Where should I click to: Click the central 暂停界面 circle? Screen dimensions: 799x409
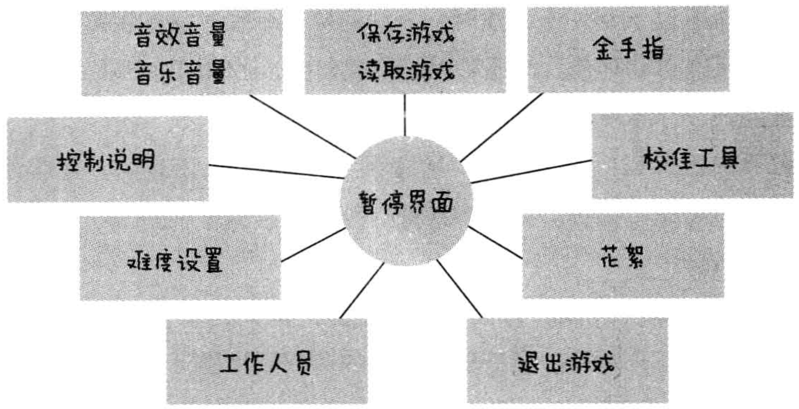405,203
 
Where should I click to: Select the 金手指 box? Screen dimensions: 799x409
628,49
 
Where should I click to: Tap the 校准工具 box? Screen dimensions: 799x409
692,156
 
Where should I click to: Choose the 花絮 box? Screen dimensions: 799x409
623,256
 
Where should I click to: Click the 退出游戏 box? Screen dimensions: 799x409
567,361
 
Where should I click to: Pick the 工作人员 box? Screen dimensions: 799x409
266,362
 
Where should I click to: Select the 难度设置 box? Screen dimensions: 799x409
180,258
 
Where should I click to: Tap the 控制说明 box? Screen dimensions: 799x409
107,159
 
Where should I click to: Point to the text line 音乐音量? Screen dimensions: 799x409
180,72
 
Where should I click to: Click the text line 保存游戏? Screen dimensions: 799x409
405,32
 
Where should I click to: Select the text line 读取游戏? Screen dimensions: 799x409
405,70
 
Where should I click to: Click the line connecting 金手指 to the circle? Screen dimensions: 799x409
501,127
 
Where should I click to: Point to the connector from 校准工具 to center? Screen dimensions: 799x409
531,171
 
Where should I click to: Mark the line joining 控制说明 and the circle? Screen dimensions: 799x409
276,171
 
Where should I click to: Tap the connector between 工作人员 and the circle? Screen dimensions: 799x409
361,291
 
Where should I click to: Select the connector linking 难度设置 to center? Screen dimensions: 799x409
313,245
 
